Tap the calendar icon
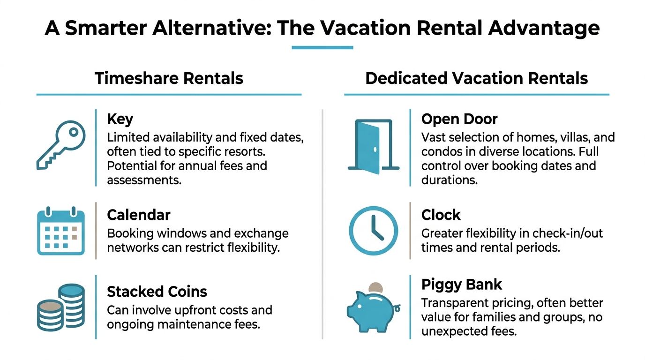(x=61, y=231)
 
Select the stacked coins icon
(x=61, y=307)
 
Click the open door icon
(x=374, y=146)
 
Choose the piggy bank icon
(x=373, y=312)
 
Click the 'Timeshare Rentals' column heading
(x=169, y=78)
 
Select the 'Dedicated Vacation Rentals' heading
(x=477, y=78)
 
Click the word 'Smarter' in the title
(x=106, y=28)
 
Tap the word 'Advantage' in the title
(x=544, y=29)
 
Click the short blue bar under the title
(x=322, y=47)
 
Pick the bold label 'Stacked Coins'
(x=157, y=292)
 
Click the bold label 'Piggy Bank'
(x=462, y=285)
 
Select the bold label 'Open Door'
(x=459, y=119)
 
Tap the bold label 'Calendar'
(x=138, y=215)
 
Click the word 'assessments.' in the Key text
(x=144, y=180)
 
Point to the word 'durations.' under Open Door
(x=450, y=180)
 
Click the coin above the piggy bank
(x=376, y=287)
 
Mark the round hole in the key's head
(x=74, y=132)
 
